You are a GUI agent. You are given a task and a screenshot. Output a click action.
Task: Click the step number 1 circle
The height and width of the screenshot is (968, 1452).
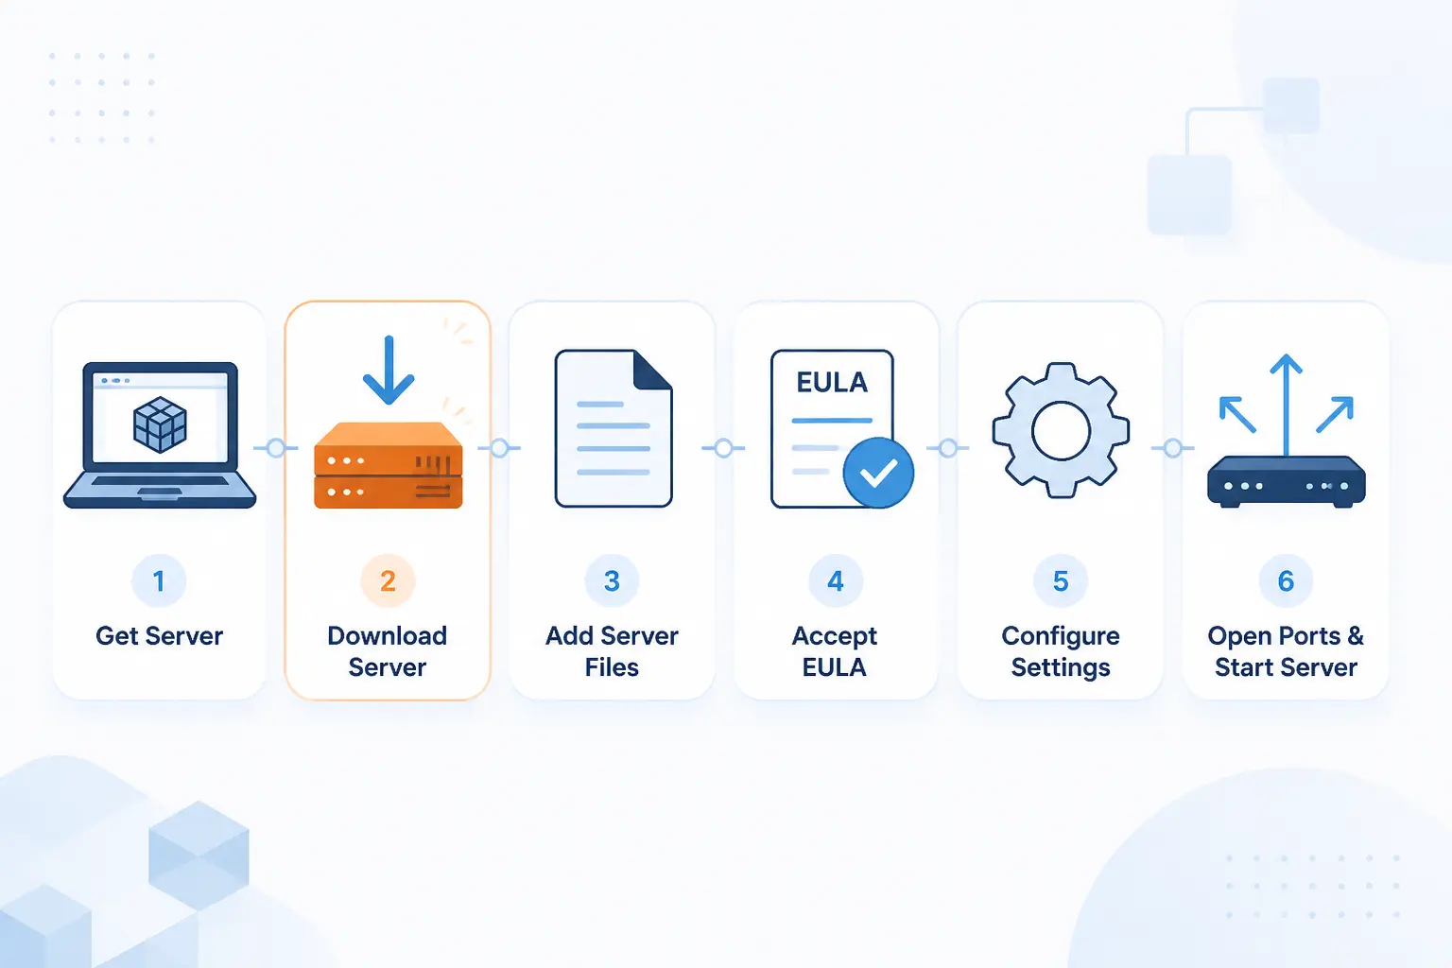(x=159, y=580)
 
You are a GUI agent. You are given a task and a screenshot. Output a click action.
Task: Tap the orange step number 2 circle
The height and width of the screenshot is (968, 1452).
(x=388, y=580)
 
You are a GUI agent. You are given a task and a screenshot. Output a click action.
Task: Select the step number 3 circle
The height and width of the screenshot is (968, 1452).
(x=612, y=580)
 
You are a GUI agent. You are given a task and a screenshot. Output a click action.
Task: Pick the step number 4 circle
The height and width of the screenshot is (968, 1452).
(x=836, y=580)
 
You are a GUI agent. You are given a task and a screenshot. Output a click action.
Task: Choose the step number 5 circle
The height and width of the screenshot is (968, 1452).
(x=1061, y=580)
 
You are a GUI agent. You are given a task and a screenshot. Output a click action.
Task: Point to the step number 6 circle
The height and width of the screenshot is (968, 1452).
(x=1286, y=580)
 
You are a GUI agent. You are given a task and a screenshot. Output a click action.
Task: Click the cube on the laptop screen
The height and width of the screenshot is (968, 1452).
(x=160, y=424)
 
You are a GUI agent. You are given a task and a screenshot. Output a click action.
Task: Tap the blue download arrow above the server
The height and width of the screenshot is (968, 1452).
(x=389, y=370)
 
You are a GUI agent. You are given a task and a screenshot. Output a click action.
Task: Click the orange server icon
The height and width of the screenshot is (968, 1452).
(x=389, y=465)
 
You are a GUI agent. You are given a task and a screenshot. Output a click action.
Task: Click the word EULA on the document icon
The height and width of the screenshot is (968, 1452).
(x=832, y=383)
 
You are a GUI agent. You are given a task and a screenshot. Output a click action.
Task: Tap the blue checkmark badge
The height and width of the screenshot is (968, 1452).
(x=878, y=473)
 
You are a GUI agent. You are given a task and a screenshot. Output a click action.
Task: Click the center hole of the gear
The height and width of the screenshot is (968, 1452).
(x=1062, y=431)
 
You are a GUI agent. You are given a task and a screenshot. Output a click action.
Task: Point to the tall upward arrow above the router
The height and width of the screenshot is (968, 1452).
(x=1286, y=406)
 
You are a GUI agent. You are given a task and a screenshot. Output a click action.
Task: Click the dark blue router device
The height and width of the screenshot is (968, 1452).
(x=1287, y=482)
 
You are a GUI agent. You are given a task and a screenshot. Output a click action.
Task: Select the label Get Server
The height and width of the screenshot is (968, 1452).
(x=160, y=636)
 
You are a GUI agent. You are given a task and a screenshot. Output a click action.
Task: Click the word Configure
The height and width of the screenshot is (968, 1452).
(x=1061, y=637)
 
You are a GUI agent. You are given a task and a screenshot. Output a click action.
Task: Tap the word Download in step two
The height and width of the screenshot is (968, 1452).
(x=388, y=636)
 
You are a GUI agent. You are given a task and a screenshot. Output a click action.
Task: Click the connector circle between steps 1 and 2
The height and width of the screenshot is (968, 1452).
(x=275, y=448)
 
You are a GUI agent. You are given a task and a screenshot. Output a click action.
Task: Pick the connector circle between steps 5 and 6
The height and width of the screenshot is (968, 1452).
(x=1172, y=448)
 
